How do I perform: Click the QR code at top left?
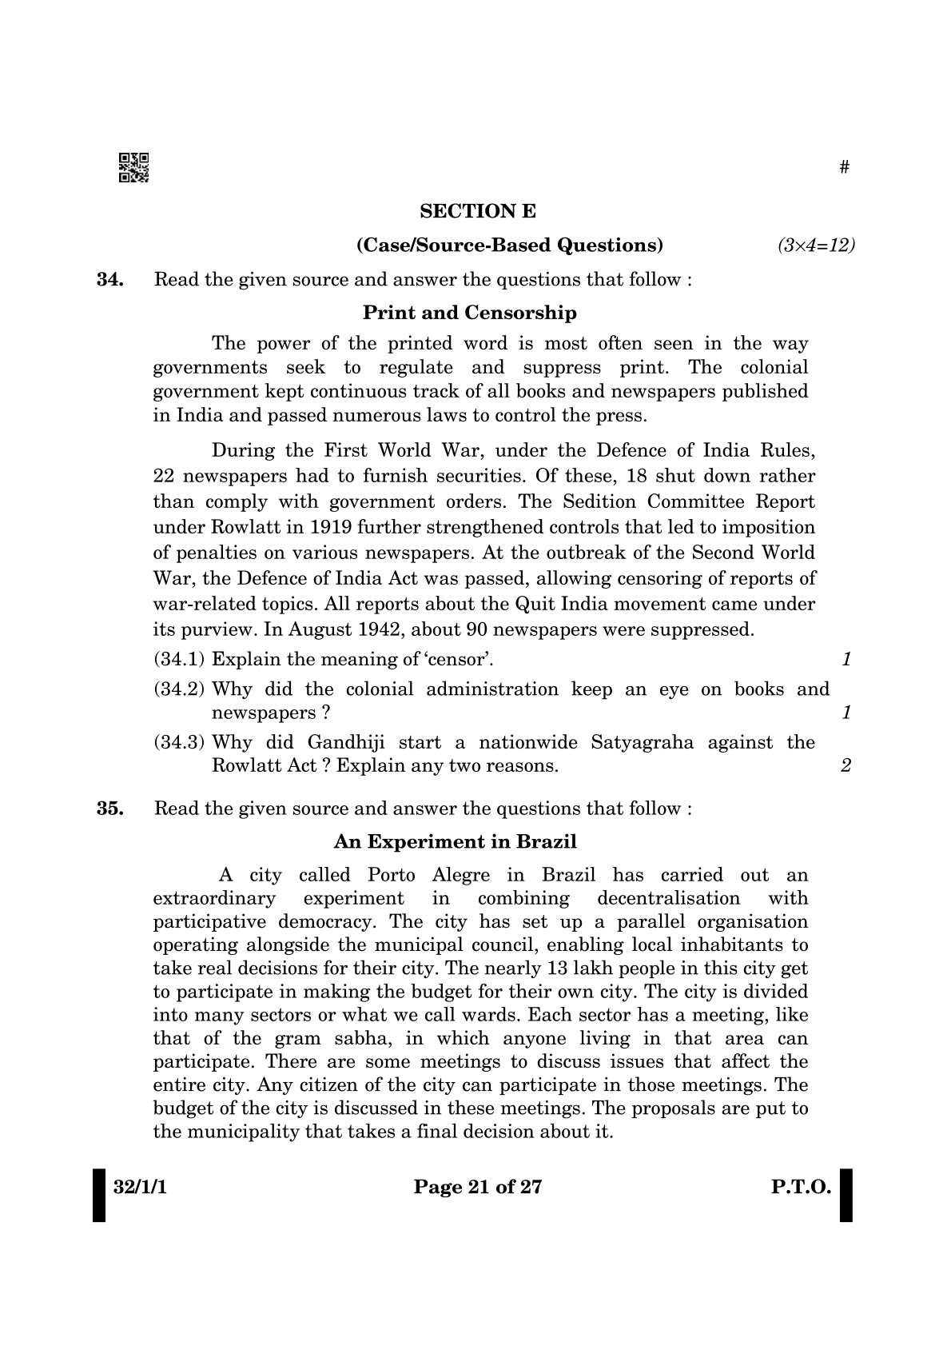pos(133,167)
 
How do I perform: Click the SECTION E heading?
pos(478,211)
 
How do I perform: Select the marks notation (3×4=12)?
pos(816,246)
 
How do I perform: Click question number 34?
pos(109,280)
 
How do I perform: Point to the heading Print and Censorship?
pos(469,313)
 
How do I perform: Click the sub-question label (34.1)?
pos(179,660)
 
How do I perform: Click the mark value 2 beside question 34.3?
pos(846,766)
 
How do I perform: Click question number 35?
pos(109,809)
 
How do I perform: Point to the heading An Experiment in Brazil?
pos(455,842)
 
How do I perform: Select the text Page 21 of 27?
pos(477,1188)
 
